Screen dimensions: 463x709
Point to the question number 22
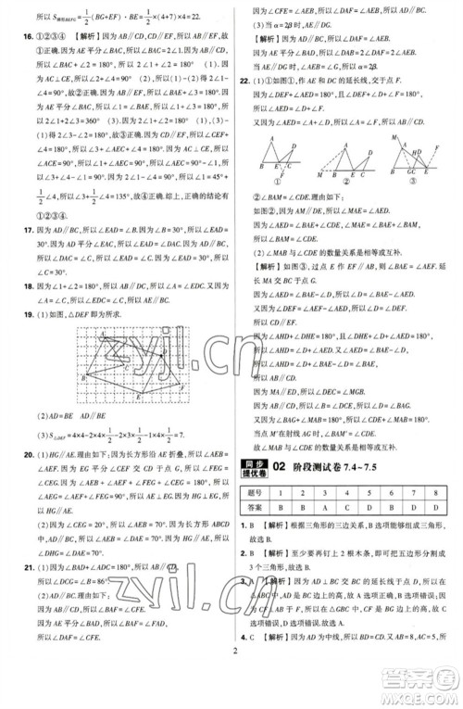[244, 82]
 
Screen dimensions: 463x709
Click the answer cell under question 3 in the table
[320, 509]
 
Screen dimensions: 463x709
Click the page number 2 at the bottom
[231, 692]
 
